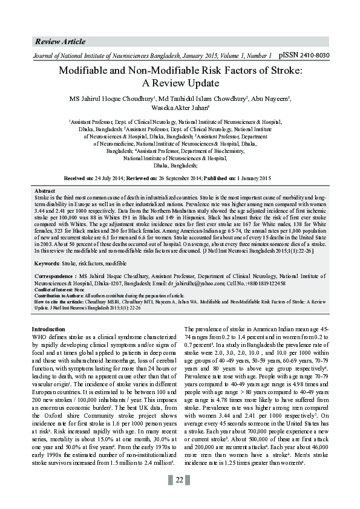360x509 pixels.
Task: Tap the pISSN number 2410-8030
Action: (313, 55)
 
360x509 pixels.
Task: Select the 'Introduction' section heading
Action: (51, 329)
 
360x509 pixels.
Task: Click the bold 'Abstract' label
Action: (45, 190)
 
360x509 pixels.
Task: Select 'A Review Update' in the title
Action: (180, 83)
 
